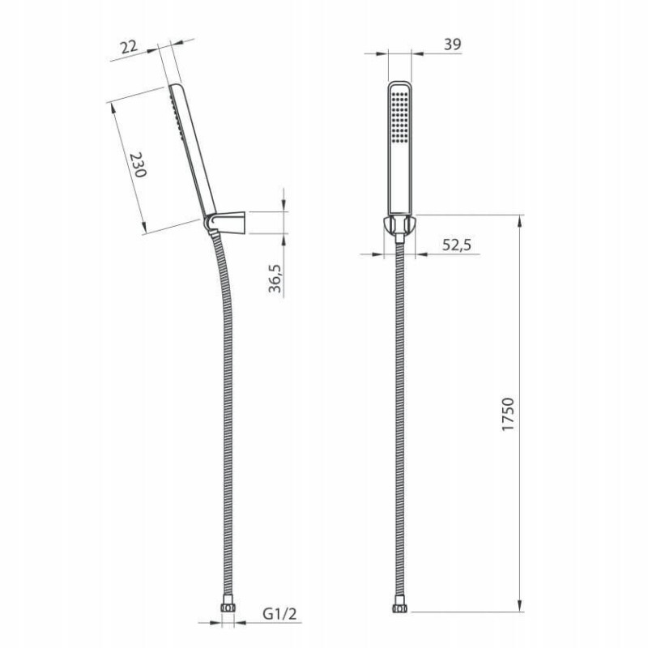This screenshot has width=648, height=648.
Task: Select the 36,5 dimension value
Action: coord(275,278)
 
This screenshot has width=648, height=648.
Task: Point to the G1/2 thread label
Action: coord(279,614)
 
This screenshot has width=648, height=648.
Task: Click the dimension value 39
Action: coord(453,45)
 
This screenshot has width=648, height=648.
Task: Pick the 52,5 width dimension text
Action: coord(457,245)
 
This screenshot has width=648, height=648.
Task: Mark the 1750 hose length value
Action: coord(509,414)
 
